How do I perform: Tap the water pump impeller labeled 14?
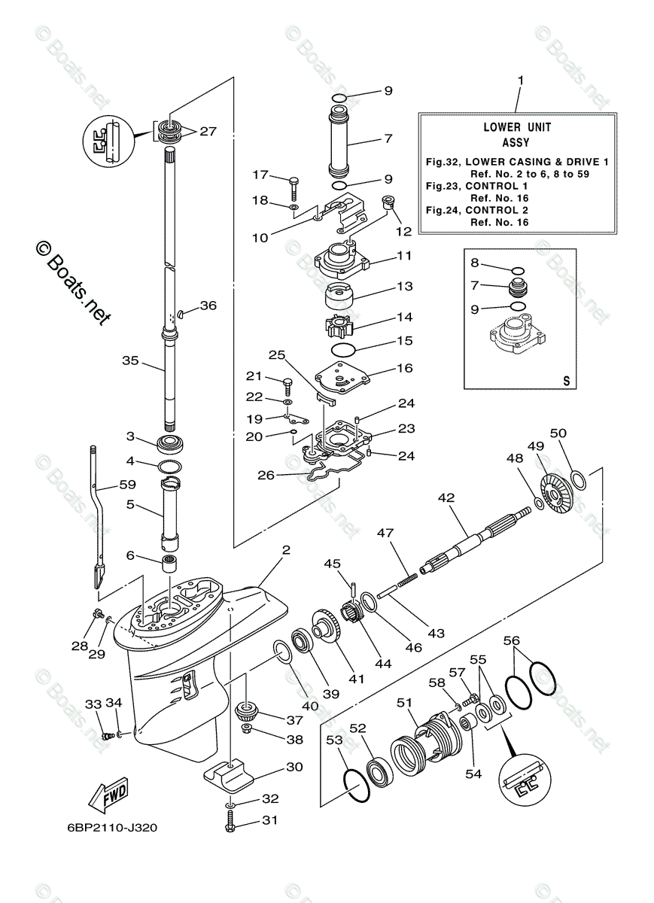click(x=347, y=327)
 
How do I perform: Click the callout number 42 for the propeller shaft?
click(x=447, y=497)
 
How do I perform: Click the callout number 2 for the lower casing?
click(x=285, y=551)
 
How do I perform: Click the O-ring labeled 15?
click(x=344, y=351)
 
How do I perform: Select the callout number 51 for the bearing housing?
click(x=405, y=702)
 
